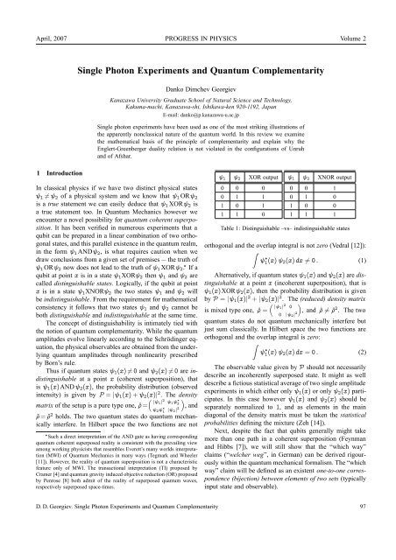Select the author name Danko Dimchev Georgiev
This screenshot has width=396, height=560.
(x=198, y=92)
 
